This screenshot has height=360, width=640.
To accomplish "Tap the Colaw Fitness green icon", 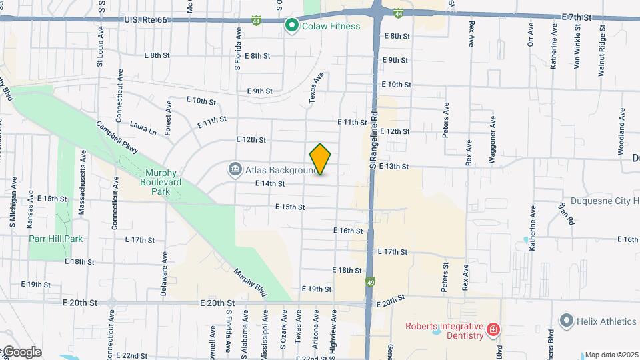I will point(291,26).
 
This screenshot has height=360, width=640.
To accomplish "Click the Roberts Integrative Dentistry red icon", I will point(493,330).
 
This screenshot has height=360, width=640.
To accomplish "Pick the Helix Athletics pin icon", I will point(567,321).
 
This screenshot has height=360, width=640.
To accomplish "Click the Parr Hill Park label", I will point(55,238).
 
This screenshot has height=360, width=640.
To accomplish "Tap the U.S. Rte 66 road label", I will point(145,21).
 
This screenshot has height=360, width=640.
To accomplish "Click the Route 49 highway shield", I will point(370,283).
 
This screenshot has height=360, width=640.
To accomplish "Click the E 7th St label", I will point(577,16).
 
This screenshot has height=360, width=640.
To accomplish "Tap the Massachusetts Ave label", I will point(82,181).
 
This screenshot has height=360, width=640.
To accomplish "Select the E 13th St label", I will point(393,165).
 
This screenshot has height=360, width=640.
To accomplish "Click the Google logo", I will point(21,351).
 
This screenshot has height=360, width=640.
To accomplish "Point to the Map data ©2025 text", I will point(611,355).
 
